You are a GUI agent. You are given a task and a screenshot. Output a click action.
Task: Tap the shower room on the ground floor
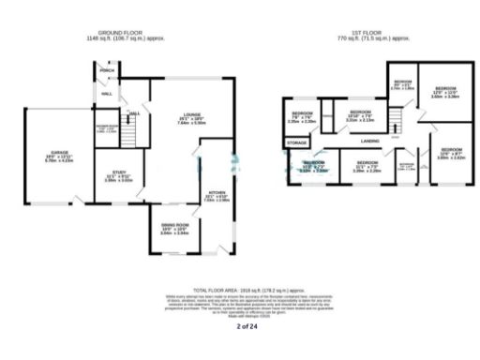click(x=105, y=129)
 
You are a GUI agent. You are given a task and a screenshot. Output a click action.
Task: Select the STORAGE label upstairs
click(x=297, y=142)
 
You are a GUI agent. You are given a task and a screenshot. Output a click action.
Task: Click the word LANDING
click(x=371, y=142)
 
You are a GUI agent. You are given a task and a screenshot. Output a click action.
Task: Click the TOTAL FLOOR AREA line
click(x=240, y=292)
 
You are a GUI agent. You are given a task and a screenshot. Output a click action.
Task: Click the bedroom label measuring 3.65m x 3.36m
click(x=444, y=93)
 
